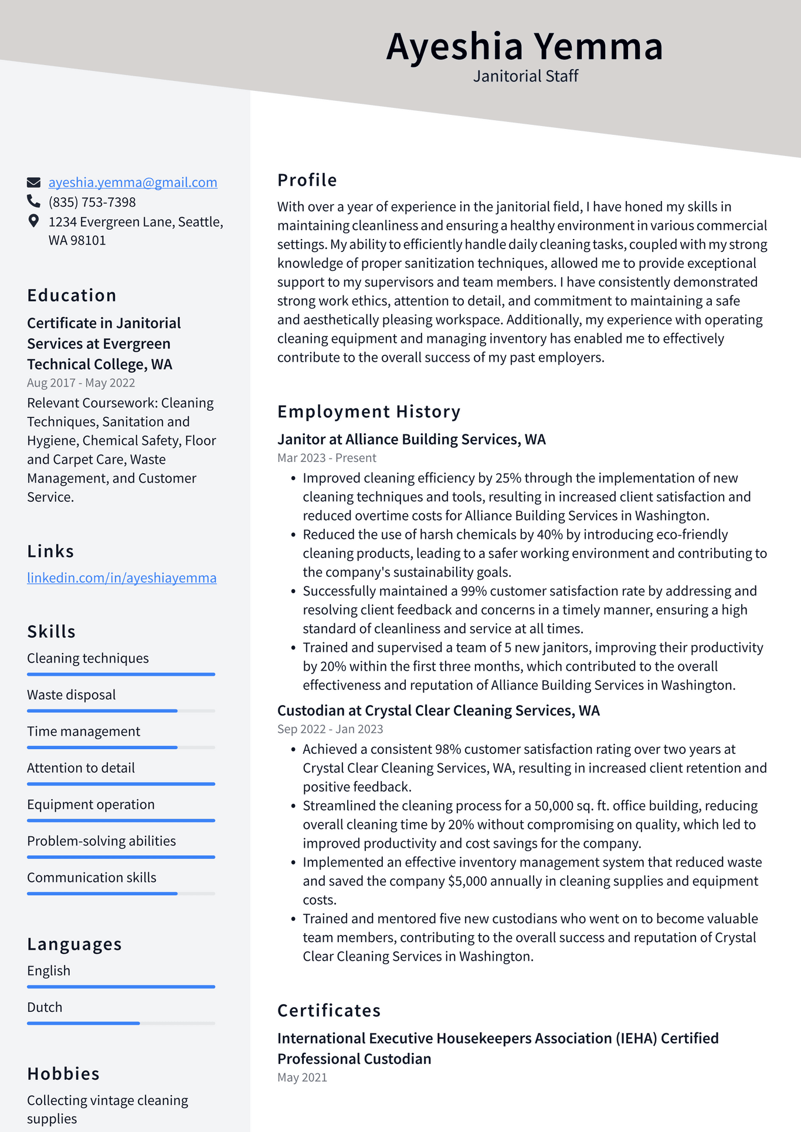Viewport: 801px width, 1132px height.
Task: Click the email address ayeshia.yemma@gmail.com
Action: (x=133, y=182)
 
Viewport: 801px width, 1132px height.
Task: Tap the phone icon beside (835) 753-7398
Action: (x=33, y=202)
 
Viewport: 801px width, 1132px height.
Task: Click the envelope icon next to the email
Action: (x=33, y=182)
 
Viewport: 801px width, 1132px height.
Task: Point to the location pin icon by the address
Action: (x=33, y=221)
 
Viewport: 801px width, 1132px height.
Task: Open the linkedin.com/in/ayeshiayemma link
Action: (x=121, y=578)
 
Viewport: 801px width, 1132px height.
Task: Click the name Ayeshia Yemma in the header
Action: (x=524, y=46)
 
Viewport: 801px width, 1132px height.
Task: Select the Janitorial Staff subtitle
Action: (x=525, y=76)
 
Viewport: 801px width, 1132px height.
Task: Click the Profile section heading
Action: (x=307, y=180)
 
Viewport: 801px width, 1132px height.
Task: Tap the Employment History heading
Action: (x=368, y=412)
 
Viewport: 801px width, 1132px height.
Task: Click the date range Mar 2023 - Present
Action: (x=327, y=458)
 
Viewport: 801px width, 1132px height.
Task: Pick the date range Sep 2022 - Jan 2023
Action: (x=330, y=729)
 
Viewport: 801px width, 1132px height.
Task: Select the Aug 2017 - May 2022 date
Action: (x=81, y=383)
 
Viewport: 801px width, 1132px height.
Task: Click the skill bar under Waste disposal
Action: (x=121, y=711)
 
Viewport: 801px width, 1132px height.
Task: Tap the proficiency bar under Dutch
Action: (x=121, y=1024)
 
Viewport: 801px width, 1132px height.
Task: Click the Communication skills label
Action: (x=91, y=878)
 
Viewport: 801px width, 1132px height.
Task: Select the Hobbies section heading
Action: (x=63, y=1074)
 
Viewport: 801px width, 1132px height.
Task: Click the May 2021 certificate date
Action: (x=302, y=1077)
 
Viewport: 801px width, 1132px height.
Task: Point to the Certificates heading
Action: (x=329, y=1011)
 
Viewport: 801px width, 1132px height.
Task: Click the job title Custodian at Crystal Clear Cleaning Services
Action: (x=438, y=711)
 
